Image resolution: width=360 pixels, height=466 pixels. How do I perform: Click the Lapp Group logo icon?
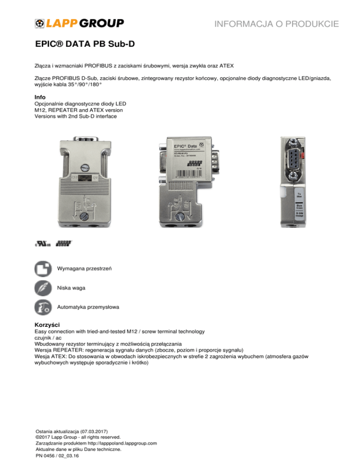40,23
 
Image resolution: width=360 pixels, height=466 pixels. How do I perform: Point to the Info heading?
41,97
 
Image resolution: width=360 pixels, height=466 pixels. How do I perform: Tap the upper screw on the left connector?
85,167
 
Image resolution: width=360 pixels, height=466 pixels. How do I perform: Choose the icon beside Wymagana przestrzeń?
43,269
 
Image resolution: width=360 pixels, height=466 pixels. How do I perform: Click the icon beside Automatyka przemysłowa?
43,308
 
